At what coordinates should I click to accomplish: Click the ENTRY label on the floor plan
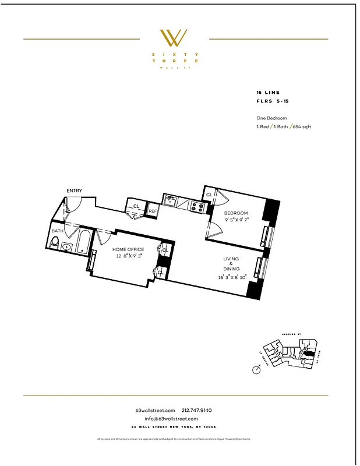[74, 191]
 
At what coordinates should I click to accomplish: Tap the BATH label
[57, 231]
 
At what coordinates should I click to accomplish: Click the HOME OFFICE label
[128, 249]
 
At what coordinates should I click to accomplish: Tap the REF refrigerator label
[153, 211]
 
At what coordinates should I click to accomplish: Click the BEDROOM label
[237, 213]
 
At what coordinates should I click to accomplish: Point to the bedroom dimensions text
[237, 220]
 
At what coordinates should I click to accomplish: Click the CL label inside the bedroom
[209, 195]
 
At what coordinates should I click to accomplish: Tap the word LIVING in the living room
[232, 259]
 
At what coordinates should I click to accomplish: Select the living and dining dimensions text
[232, 277]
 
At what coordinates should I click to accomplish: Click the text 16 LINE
[268, 93]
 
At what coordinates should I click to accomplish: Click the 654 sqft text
[300, 126]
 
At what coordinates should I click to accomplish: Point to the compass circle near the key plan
[257, 369]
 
